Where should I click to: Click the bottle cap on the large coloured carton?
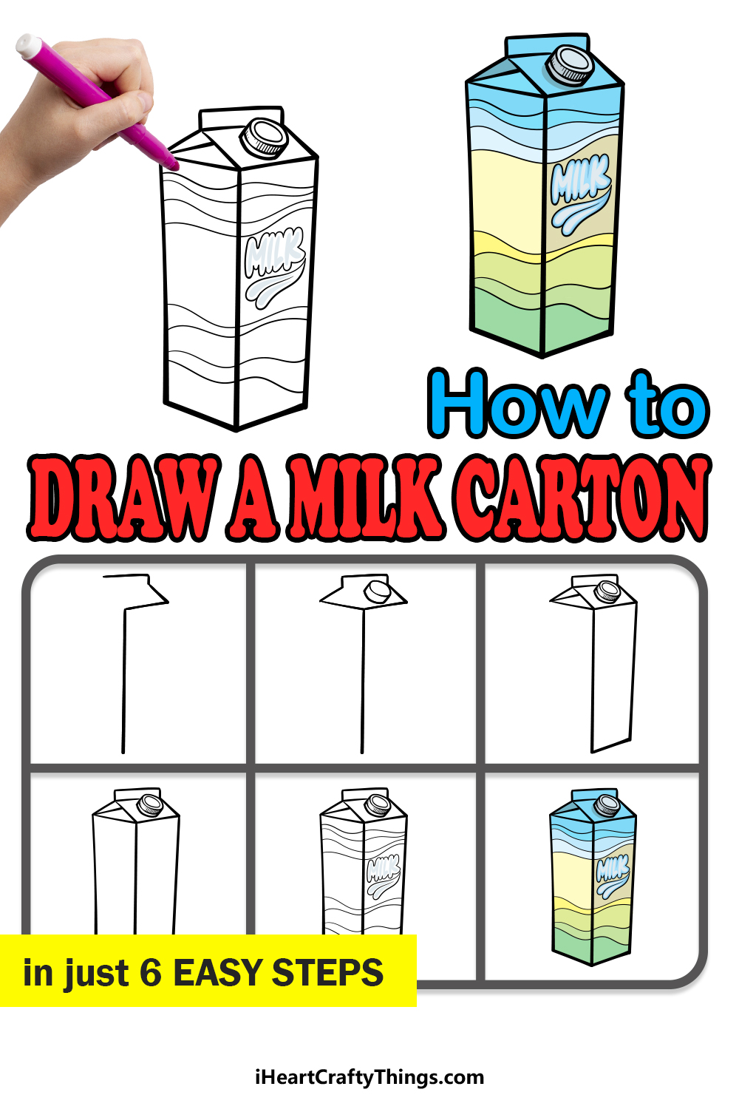pyautogui.click(x=571, y=64)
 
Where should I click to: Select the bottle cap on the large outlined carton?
pyautogui.click(x=264, y=137)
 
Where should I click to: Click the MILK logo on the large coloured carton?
pyautogui.click(x=581, y=194)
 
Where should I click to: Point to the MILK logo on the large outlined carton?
pyautogui.click(x=275, y=267)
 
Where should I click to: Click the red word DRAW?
pyautogui.click(x=123, y=497)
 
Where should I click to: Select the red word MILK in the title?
pyautogui.click(x=367, y=497)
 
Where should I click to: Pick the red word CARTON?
pyautogui.click(x=582, y=497)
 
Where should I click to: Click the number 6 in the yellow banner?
pyautogui.click(x=151, y=973)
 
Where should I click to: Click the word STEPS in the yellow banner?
pyautogui.click(x=327, y=973)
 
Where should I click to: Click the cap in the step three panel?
pyautogui.click(x=607, y=591)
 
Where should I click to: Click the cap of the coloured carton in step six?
pyautogui.click(x=607, y=804)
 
